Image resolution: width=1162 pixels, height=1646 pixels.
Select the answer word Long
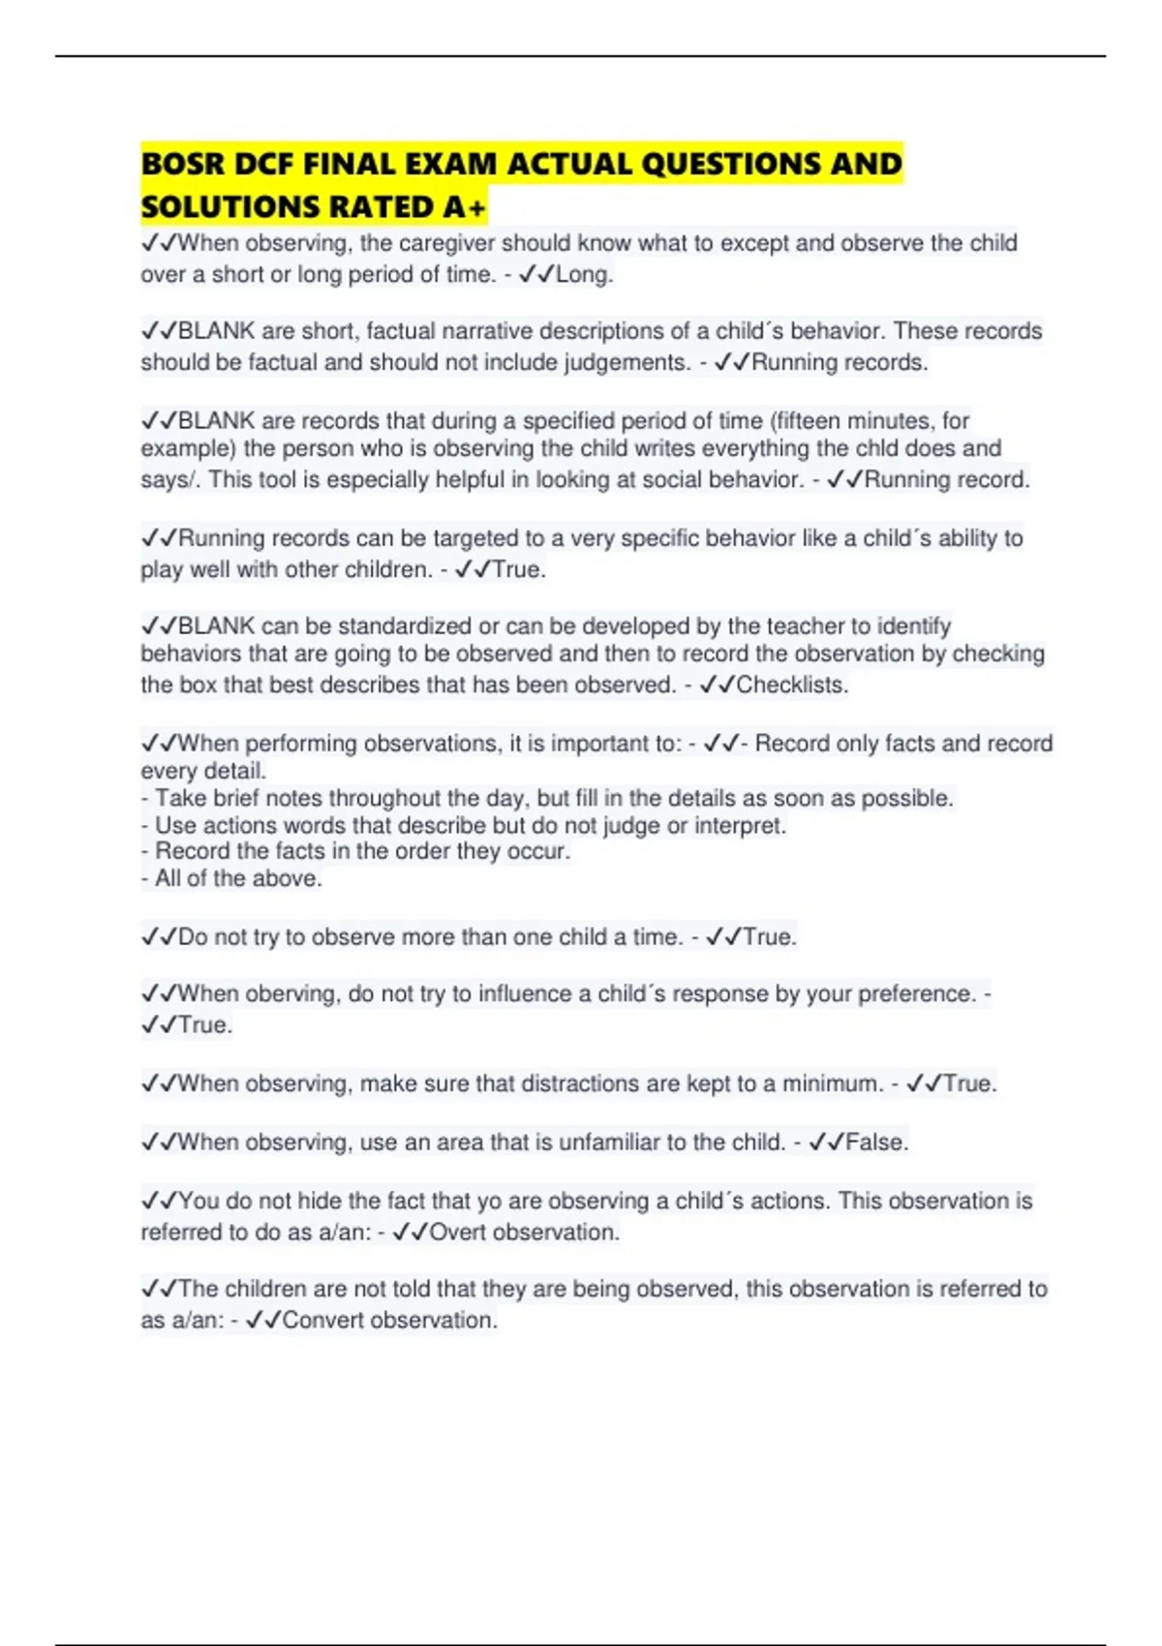pos(585,275)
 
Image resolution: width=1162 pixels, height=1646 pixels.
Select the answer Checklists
pos(792,686)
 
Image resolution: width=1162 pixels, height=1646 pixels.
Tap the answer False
pos(877,1143)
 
